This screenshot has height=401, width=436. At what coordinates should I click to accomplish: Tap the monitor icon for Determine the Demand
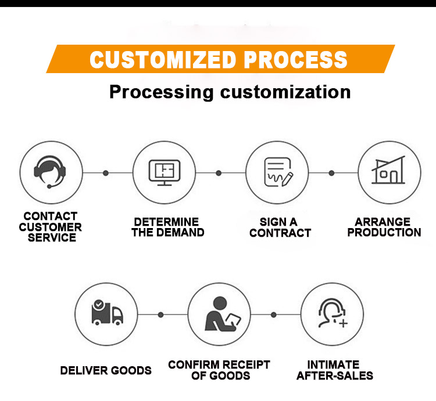(x=165, y=172)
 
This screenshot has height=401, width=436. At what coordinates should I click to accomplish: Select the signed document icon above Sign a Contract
(x=277, y=172)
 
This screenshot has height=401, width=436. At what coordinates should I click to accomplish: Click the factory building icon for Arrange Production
(x=389, y=172)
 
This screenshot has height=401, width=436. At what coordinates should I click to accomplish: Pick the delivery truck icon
(x=107, y=314)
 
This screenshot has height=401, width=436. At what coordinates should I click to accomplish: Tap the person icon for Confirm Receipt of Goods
(x=219, y=314)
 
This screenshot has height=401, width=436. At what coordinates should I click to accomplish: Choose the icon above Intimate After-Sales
(x=332, y=314)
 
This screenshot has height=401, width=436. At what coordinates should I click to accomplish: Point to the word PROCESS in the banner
(x=295, y=59)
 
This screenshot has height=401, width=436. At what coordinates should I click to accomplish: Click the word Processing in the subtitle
(x=162, y=92)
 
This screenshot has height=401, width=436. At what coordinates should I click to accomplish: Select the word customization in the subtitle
(x=285, y=92)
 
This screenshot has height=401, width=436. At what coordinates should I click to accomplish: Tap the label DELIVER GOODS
(x=106, y=370)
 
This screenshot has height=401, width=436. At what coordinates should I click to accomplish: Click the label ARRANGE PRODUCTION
(x=388, y=227)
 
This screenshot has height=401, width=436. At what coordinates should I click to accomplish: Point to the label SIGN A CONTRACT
(x=280, y=227)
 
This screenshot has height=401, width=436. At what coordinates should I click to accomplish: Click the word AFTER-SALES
(x=334, y=375)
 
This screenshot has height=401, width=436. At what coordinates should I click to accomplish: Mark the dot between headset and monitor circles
(x=106, y=173)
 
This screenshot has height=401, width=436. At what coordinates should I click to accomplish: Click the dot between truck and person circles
(x=161, y=315)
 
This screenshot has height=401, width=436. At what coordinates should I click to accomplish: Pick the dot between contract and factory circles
(x=331, y=173)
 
